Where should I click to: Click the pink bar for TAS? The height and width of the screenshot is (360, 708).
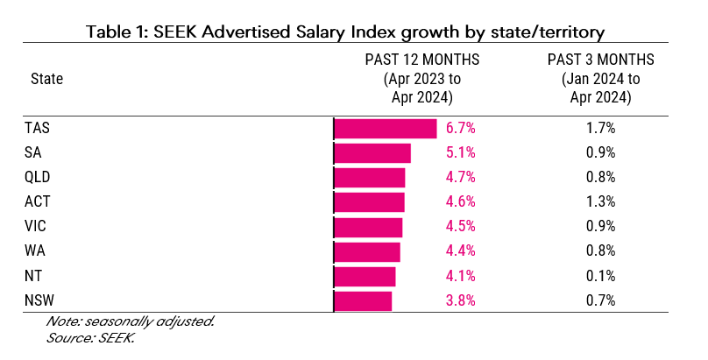coord(386,128)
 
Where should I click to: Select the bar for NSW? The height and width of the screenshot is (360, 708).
coord(364,301)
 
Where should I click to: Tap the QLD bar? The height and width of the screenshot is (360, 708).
coord(370,178)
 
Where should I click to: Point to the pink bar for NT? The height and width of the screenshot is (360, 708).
coord(365,277)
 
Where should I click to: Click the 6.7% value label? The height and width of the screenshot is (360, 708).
coord(460,128)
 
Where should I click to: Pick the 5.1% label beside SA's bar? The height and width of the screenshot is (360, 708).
coord(460,152)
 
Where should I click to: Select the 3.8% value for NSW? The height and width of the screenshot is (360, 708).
coord(460,301)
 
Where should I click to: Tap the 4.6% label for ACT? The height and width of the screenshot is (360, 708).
coord(460,202)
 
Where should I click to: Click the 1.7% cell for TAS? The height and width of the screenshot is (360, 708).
coord(600,128)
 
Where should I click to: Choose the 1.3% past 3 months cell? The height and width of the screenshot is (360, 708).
coord(600,202)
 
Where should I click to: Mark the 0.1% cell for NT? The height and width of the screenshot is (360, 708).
coord(600,277)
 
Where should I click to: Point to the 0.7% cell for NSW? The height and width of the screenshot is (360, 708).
coord(600,301)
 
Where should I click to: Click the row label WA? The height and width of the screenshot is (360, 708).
coord(35,251)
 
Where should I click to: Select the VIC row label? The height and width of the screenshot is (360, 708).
coord(36,227)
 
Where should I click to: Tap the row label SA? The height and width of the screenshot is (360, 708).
coord(33,152)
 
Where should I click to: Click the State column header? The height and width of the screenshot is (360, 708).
coord(46,79)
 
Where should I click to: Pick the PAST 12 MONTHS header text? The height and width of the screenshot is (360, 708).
coord(422,60)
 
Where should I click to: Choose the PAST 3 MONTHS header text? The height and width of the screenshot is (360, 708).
coord(601,60)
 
